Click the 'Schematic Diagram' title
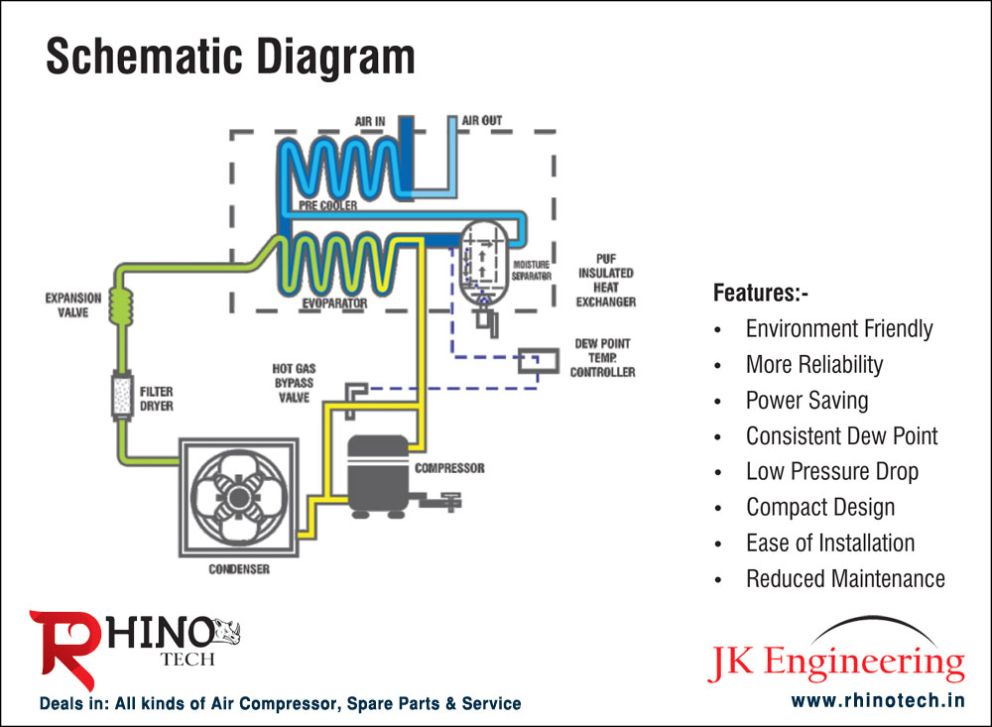tap(230, 58)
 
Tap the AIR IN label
tap(370, 121)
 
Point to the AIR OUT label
tap(482, 121)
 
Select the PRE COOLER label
tap(327, 205)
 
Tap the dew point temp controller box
tap(537, 361)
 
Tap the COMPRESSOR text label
tap(449, 467)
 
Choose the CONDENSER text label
tap(239, 569)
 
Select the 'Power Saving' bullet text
tap(806, 401)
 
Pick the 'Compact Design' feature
tap(819, 508)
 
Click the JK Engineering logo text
tap(836, 663)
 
